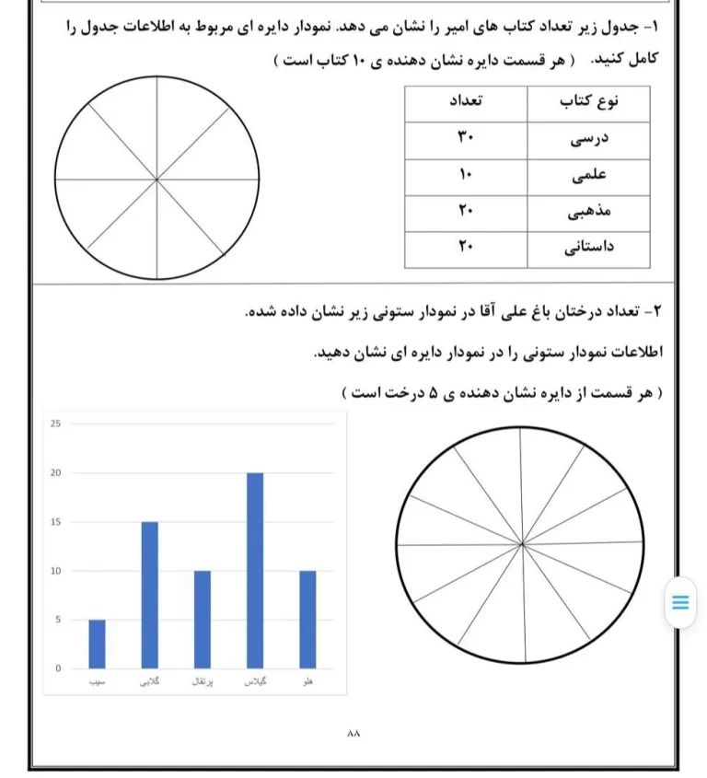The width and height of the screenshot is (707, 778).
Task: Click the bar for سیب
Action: pos(97,644)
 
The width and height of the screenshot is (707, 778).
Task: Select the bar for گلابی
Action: pos(149,595)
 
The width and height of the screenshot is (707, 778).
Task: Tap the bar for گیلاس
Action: pos(255,571)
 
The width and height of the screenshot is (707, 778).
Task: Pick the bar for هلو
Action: pos(307,620)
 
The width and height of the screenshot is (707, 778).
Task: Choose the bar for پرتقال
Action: pos(203,620)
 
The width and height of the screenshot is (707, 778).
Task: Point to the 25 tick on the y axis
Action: pos(55,424)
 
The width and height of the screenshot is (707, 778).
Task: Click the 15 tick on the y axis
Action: pos(55,522)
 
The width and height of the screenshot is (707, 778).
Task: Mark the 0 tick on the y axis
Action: pos(57,668)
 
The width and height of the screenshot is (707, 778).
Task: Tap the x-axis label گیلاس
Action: pos(255,683)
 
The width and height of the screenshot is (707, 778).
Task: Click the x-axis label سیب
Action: pos(96,683)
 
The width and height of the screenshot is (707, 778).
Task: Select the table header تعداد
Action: pos(467,102)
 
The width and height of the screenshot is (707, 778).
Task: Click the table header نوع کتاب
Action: pos(589,102)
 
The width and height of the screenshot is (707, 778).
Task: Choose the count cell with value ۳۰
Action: pos(465,140)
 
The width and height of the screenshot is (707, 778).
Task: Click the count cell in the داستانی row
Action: pos(465,248)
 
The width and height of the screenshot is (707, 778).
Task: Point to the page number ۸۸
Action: pos(353,734)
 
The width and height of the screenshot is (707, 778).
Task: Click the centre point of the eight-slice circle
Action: pos(156,178)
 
